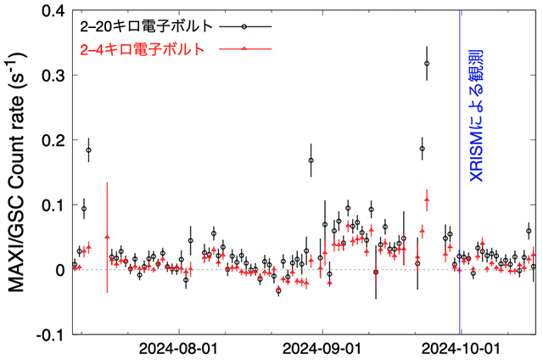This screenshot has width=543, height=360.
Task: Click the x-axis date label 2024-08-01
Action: [x=178, y=349]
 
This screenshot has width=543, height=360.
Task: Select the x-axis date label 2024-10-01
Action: [x=462, y=349]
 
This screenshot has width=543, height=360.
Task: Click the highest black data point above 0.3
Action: [x=427, y=63]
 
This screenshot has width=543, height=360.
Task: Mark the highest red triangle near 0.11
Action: [x=427, y=200]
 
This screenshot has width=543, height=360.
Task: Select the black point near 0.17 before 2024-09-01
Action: [x=311, y=160]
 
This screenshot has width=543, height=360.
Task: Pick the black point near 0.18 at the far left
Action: [x=88, y=150]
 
